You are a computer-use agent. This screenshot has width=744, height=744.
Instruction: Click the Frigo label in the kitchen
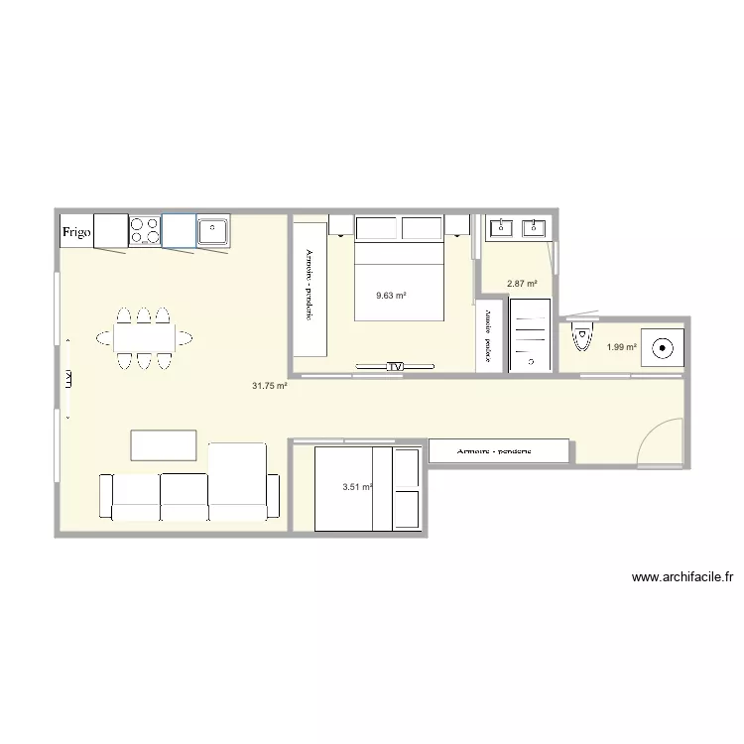(x=77, y=233)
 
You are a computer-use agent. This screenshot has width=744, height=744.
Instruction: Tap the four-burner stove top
(x=145, y=231)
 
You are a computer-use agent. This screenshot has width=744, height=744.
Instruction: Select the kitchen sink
(x=212, y=231)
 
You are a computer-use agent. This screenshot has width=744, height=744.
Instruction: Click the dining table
(x=144, y=338)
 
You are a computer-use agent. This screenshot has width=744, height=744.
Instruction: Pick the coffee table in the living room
(x=164, y=444)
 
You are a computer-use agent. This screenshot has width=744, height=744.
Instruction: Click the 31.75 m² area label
(x=270, y=386)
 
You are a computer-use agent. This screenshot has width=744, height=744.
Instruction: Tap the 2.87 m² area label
(x=522, y=284)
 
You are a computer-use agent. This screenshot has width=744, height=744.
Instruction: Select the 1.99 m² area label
(x=621, y=346)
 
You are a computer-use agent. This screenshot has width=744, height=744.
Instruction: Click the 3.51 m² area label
(x=356, y=487)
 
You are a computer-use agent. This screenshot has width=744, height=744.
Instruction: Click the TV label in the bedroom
(x=395, y=367)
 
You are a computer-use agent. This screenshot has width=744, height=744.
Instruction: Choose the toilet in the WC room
(x=582, y=338)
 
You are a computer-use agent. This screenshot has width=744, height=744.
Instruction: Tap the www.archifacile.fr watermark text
(x=681, y=576)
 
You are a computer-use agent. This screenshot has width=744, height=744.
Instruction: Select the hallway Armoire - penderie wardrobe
(x=499, y=451)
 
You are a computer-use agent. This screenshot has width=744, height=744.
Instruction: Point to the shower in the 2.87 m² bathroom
(x=530, y=335)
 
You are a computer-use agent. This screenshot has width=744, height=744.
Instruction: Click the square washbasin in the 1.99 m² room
(x=661, y=347)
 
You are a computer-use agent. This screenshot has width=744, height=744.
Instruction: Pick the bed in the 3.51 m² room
(x=367, y=488)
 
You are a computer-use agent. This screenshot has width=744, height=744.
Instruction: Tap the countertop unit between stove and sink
(x=179, y=231)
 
